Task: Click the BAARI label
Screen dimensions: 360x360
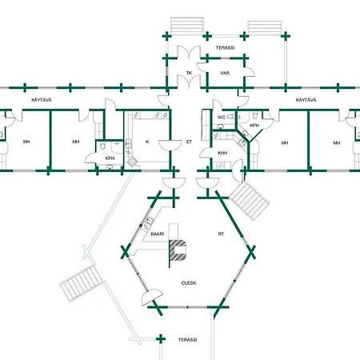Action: coord(158,234)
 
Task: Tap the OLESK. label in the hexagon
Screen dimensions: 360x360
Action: coord(189,283)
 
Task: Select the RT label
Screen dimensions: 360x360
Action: coord(221,234)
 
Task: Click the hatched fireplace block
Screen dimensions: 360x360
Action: coord(178,250)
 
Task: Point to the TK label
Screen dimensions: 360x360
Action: coord(189,73)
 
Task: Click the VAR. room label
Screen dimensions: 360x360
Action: coord(226,73)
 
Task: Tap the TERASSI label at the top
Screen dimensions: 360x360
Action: coord(226,48)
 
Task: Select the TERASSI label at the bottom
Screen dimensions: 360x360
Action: coord(188,340)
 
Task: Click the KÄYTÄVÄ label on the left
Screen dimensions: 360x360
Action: coord(42,100)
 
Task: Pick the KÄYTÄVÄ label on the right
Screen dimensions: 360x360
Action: coord(306,100)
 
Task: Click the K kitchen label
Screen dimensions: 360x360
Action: coord(147,142)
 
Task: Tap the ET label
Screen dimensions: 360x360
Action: coord(189,142)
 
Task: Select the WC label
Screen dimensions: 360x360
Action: coord(222,118)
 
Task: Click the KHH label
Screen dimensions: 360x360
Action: coord(222,153)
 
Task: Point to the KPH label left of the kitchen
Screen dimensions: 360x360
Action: coord(110,158)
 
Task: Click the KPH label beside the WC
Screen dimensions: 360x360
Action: coord(254,126)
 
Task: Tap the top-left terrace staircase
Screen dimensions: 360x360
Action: coord(187,26)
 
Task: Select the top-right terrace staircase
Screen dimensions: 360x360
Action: coord(265,27)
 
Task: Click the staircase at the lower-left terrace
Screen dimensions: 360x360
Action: coord(82,283)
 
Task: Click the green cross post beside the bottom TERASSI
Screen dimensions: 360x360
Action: coord(160,339)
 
